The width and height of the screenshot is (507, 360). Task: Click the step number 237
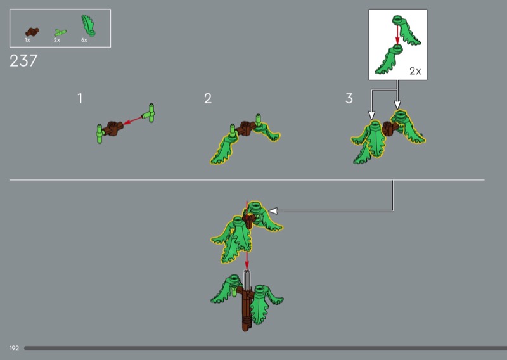tap(23, 61)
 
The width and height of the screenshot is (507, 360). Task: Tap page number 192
tap(14, 349)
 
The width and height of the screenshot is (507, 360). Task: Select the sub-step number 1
tap(80, 98)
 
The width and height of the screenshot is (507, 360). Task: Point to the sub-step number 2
tap(208, 98)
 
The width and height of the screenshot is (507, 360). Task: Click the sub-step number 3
tap(349, 98)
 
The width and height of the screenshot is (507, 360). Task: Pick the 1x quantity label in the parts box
tap(27, 40)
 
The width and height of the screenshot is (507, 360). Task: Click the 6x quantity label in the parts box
tap(84, 40)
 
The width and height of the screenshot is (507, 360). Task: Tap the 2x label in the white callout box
tap(415, 71)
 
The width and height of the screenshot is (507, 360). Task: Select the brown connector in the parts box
tap(32, 32)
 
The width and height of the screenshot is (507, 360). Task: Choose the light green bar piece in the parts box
tap(60, 33)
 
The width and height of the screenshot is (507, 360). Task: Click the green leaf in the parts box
tap(88, 25)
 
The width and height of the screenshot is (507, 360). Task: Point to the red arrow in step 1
tap(133, 120)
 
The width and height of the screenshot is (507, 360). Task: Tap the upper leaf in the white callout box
tap(406, 30)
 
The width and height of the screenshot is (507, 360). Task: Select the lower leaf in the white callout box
tap(389, 60)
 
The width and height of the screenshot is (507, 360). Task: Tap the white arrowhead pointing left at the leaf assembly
tap(273, 211)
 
